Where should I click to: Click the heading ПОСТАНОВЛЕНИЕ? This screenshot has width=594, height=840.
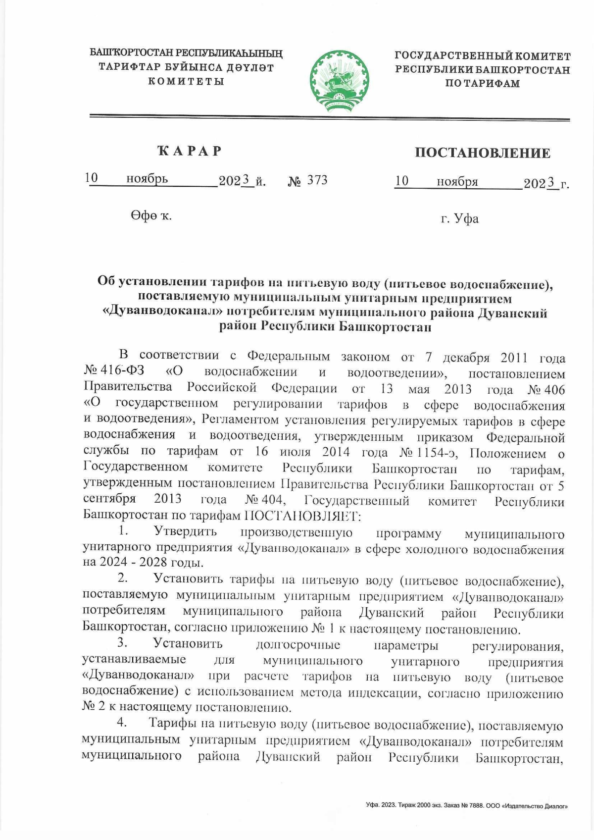[x=482, y=153]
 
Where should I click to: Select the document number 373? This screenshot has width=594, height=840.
[x=317, y=180]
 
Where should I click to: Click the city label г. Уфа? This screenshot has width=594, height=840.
[x=460, y=218]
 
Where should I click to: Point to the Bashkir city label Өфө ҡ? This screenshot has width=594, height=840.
[x=151, y=215]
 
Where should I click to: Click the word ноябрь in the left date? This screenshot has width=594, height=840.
[x=147, y=179]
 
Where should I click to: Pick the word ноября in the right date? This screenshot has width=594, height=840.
[x=457, y=182]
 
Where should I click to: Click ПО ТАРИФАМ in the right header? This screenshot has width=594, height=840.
[x=482, y=83]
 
